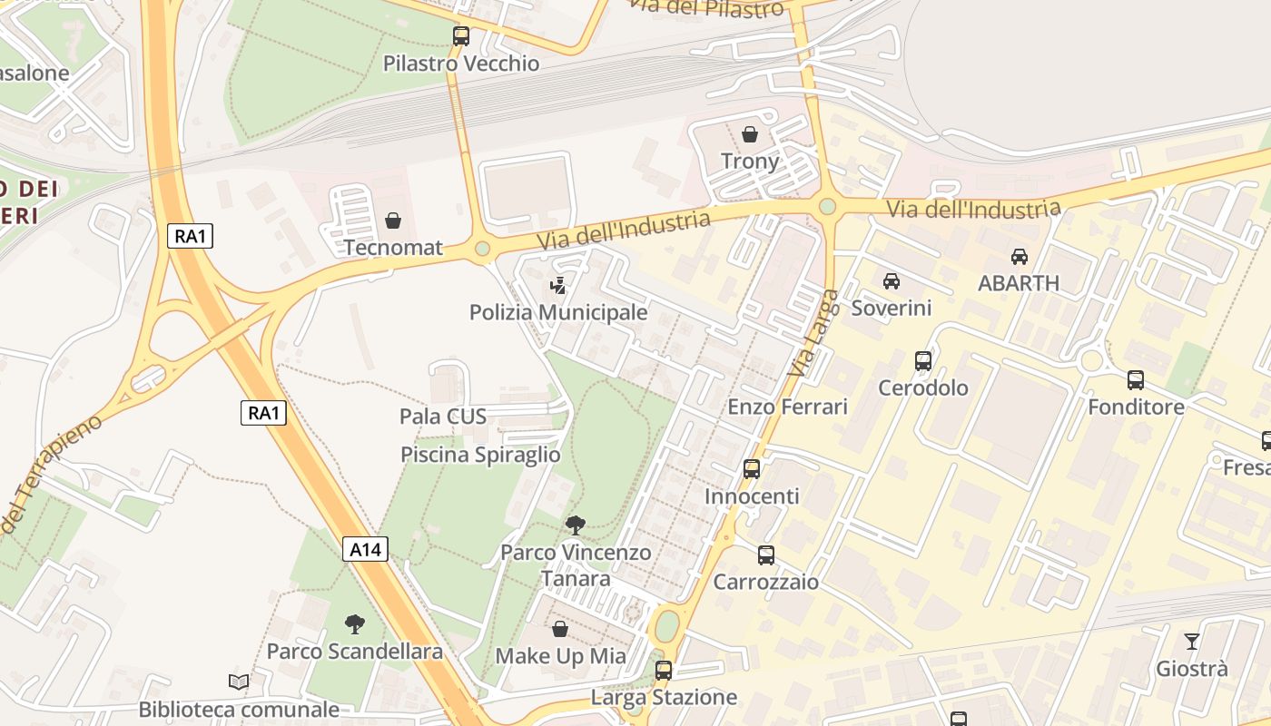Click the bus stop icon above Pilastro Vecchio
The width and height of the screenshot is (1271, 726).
pos(461,36)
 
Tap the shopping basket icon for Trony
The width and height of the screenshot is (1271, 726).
pos(750,134)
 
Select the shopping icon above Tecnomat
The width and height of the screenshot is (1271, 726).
pos(393,221)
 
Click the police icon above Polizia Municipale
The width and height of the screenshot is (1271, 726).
pos(557,286)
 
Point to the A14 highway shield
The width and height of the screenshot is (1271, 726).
pos(366,549)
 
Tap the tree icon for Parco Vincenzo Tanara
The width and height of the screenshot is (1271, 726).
pos(575,525)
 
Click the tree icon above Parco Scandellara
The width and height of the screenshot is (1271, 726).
pos(355,623)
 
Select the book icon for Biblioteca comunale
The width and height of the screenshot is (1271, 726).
pos(239,682)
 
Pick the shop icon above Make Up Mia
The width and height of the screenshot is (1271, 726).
pos(560,629)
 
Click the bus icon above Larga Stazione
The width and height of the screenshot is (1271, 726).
pos(664,671)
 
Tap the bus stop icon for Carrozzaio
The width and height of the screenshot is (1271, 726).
pos(766,554)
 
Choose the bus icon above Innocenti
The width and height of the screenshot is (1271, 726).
pos(752,469)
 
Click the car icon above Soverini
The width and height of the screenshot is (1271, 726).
pos(892,281)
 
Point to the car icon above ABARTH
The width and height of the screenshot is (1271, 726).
pos(1019,257)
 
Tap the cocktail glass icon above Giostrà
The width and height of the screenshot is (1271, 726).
pos(1192,642)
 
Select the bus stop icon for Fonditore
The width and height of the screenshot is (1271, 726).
pos(1136,380)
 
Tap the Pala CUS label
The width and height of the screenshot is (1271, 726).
pos(443,417)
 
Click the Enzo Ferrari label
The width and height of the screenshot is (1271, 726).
pos(787,407)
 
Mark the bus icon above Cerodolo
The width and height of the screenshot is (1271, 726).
pos(923,361)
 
